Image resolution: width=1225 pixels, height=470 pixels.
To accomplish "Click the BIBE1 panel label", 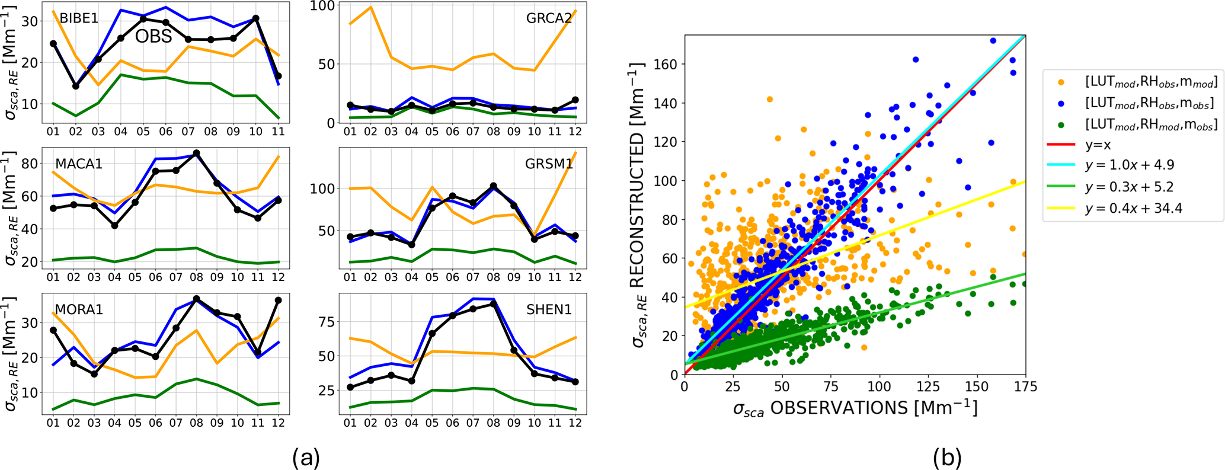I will [x=79, y=18].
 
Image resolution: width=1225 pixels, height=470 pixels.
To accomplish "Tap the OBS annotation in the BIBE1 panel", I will [x=153, y=37].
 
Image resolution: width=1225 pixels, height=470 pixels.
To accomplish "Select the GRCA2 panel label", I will [x=549, y=18].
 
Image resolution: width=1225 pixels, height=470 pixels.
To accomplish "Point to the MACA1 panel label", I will [x=79, y=164].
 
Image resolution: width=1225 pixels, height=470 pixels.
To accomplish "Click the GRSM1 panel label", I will [x=549, y=164].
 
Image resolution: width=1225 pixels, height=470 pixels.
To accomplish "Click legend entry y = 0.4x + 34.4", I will [x=1133, y=208].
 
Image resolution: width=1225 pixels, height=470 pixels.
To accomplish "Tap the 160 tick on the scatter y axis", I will [x=666, y=64].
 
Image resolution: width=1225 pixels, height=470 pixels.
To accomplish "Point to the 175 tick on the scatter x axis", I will [x=1025, y=387].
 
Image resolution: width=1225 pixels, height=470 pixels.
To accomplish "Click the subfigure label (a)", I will [x=306, y=457].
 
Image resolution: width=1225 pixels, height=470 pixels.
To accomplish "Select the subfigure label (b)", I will [x=947, y=457].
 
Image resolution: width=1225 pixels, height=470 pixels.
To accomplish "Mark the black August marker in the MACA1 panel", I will [x=197, y=154].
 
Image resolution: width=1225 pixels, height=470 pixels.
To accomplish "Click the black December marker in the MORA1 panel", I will [x=278, y=300].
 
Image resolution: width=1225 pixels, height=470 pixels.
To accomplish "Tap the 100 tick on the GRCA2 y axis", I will [x=327, y=5].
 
